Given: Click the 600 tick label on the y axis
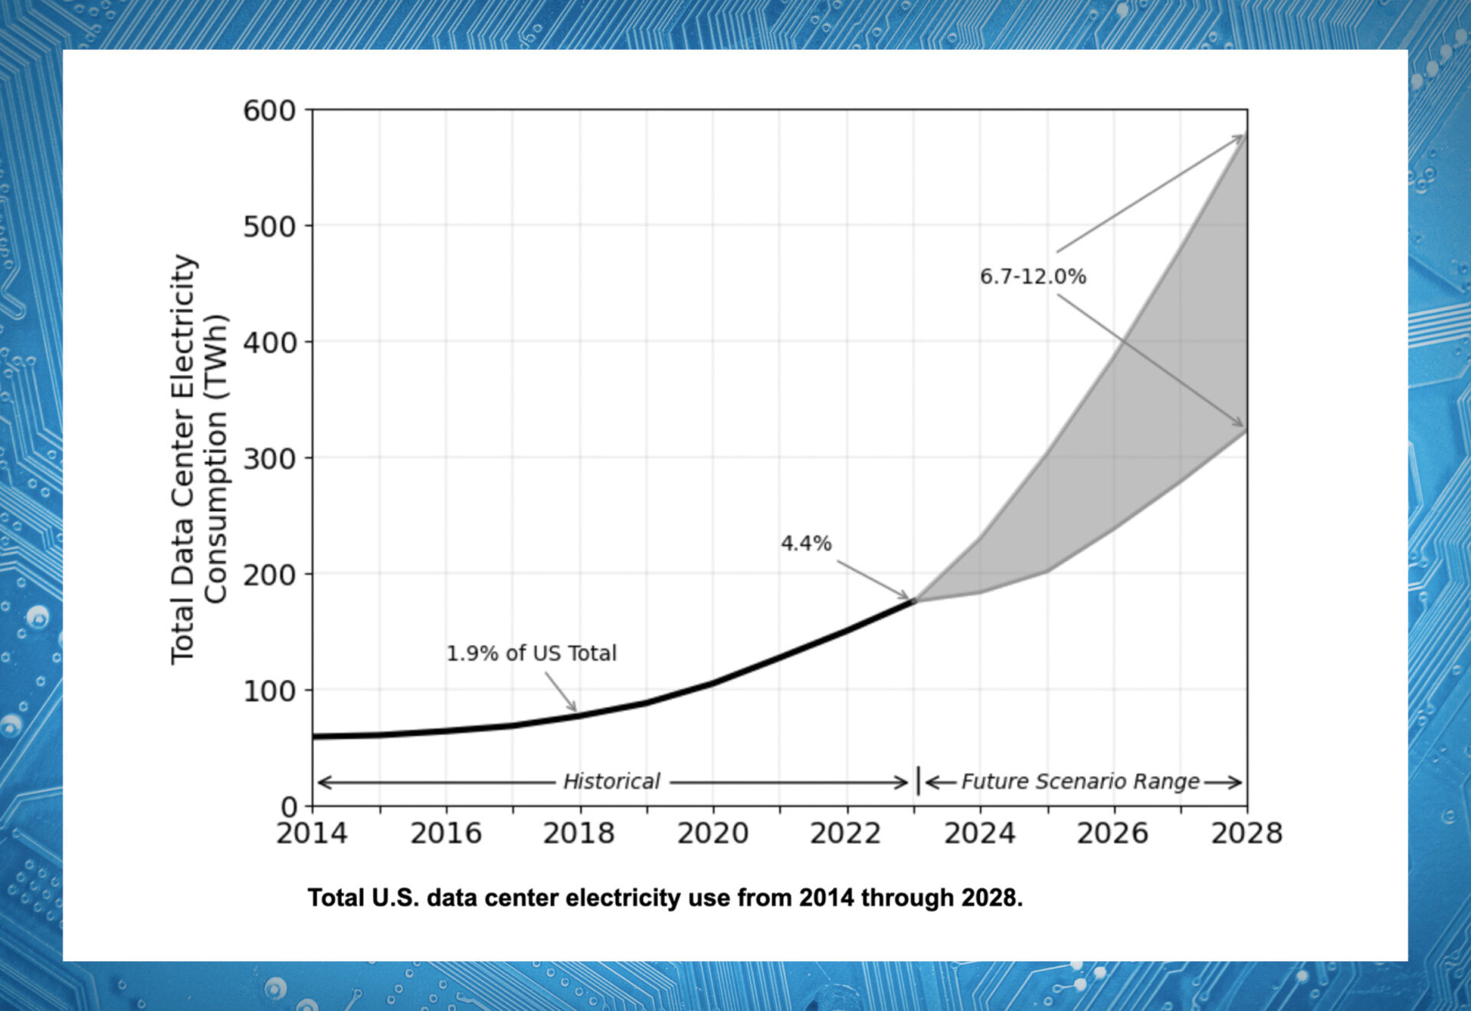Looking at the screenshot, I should (269, 111).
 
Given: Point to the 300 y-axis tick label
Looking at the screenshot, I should (269, 459).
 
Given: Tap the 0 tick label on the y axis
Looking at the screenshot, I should (289, 807).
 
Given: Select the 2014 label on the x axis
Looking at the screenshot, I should (312, 833).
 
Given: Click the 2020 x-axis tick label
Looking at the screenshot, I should (713, 833).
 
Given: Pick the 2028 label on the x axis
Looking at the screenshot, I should (1246, 833).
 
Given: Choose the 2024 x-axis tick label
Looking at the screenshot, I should (979, 833).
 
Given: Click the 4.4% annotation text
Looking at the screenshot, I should (805, 543).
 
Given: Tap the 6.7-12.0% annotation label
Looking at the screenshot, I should (1033, 277).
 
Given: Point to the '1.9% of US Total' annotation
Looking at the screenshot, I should (531, 653).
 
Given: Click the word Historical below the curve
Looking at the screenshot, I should (611, 782).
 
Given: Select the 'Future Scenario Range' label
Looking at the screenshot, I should (1080, 782).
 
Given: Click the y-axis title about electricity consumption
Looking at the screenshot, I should (198, 458).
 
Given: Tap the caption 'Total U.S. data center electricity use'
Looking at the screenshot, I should (665, 898).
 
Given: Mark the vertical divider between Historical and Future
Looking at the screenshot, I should (918, 781).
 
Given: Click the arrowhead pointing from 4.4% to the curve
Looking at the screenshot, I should (905, 596).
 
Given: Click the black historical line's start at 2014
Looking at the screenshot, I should (315, 737).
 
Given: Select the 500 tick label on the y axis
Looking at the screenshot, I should (269, 227).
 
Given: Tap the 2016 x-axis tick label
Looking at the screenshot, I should (446, 833).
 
